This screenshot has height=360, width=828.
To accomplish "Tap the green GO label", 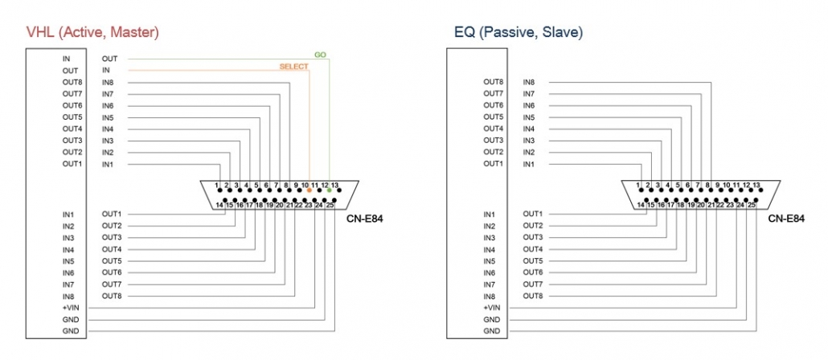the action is (x=320, y=55).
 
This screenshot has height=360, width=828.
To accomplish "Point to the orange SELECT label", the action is (x=293, y=67).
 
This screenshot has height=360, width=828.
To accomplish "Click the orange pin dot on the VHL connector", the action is (x=309, y=190).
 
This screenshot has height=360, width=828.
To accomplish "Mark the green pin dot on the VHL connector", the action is (x=329, y=190).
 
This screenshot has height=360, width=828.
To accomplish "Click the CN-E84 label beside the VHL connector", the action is (x=365, y=219).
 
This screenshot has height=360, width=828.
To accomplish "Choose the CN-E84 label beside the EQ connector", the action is (x=786, y=219).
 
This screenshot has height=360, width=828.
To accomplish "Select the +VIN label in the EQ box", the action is (x=492, y=308).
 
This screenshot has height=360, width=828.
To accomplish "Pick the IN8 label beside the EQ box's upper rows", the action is (x=529, y=82).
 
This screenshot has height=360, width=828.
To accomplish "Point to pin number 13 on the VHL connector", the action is (x=334, y=185).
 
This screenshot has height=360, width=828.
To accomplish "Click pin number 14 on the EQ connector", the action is (x=641, y=205).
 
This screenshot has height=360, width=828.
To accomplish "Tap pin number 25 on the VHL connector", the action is (x=330, y=205).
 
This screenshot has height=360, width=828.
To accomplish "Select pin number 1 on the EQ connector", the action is (x=638, y=185).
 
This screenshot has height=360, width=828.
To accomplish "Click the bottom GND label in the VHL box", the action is (x=71, y=331).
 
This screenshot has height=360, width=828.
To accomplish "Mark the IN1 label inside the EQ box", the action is (x=490, y=215).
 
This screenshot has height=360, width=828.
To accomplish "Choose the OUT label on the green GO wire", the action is (x=110, y=59).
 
